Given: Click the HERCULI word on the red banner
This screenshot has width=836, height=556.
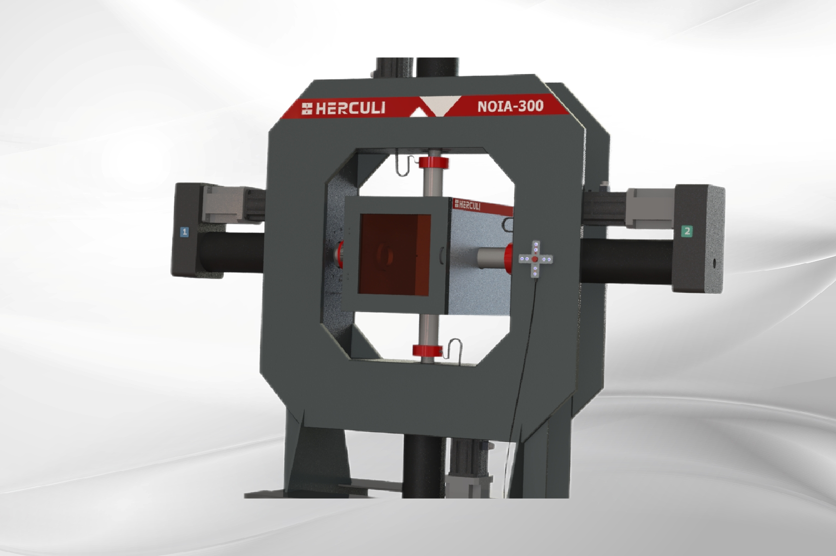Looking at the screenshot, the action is point(351,108).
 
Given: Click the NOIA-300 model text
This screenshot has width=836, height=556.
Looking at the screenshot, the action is point(511,106).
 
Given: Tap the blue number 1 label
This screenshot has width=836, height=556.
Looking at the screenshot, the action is point(184,232).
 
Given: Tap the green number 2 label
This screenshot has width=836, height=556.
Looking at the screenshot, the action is point(687,231).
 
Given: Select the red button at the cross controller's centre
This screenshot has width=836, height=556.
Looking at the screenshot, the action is point(535,259).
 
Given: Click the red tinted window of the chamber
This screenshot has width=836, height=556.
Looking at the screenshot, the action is point(395,255).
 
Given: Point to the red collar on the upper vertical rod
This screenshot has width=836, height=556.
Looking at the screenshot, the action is point(434,163).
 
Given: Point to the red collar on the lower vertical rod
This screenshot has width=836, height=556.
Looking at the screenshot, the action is point(427,351).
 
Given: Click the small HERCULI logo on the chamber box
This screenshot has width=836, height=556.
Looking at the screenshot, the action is point(467,205).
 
